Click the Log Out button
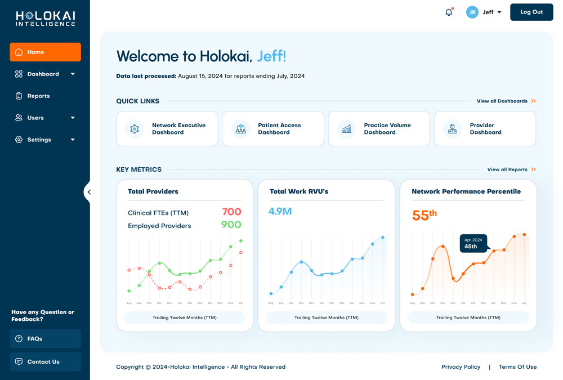coord(531,12)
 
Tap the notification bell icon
coord(449,12)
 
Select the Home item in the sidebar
coord(45,52)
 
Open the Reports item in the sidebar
coord(38,96)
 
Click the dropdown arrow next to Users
coord(73,118)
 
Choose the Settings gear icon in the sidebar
coord(19,140)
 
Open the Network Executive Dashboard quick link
coord(167,129)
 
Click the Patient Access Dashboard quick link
coord(273,129)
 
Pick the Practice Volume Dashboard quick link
coord(379,129)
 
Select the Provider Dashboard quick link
coord(485,129)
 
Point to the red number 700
coord(231,212)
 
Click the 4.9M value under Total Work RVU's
coord(280,212)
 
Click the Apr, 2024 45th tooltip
coord(473,243)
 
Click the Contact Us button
coord(45,361)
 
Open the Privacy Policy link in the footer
coord(461,367)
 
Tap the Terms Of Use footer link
coord(517,367)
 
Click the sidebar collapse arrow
coord(88,192)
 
